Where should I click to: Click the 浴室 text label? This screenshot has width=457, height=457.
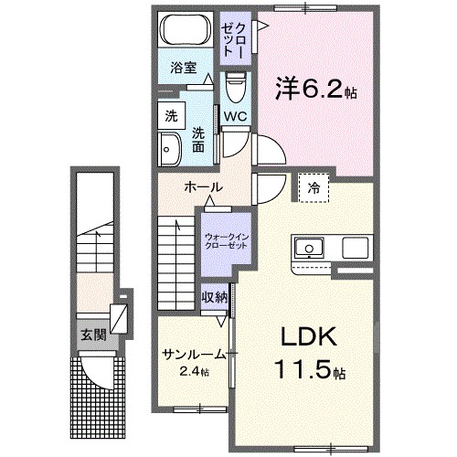tap(183, 67)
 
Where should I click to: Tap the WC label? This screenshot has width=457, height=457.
tap(235, 116)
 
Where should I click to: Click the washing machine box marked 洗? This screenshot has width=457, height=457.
tap(170, 115)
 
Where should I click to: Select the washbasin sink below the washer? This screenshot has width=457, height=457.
tap(169, 147)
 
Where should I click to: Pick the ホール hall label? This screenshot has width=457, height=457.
tap(202, 187)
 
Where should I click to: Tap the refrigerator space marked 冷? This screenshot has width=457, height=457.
tap(314, 188)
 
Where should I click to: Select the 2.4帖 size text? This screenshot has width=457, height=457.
tap(193, 372)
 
